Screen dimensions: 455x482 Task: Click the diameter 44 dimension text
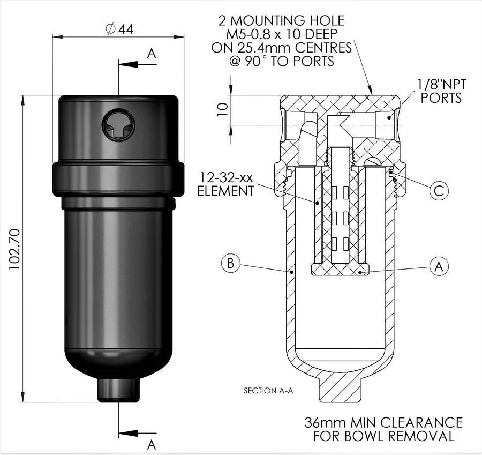pos(119,29)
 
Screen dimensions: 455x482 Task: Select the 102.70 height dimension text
pos(15,247)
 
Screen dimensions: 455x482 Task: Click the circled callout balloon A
pos(439,266)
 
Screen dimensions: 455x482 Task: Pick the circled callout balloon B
pos(230,264)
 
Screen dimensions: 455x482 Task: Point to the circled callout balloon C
pos(439,190)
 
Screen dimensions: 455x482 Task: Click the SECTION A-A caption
pos(268,391)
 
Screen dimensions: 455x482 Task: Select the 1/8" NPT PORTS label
pos(441,91)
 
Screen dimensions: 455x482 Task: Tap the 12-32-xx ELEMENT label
pos(225,183)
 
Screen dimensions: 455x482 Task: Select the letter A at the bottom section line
pos(151,444)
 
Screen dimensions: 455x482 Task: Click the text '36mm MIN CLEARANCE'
pos(383,422)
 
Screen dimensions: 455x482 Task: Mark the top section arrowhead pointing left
pos(125,64)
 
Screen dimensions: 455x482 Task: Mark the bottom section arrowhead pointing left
pos(125,433)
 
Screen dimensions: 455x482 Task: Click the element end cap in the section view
pos(339,269)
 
